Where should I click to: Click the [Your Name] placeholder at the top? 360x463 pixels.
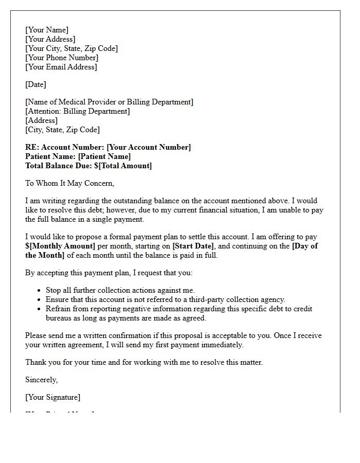47,30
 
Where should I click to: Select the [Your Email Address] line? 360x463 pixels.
61,67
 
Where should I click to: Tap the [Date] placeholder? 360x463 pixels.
35,84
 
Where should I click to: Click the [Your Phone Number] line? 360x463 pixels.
62,58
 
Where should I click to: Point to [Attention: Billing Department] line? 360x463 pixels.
78,111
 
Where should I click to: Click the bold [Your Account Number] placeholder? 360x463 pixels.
149,147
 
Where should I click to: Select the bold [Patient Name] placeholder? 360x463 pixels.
104,156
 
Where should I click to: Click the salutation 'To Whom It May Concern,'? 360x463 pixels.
70,183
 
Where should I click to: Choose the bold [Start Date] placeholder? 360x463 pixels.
193,246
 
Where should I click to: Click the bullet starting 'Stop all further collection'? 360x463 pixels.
120,290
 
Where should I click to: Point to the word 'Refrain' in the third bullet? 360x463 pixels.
59,309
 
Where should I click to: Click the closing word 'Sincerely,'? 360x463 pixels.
42,380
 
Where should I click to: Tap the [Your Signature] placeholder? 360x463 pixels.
53,397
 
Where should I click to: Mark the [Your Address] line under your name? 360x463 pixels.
50,39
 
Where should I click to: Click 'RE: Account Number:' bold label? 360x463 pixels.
65,147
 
